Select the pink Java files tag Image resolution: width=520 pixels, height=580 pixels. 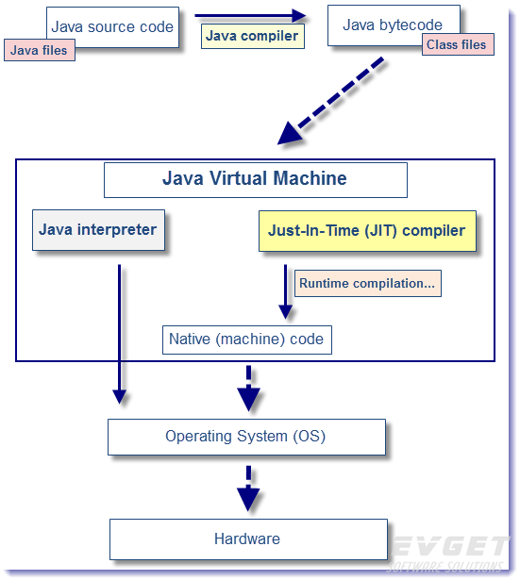[39, 50]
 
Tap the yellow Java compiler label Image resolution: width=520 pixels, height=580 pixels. [252, 37]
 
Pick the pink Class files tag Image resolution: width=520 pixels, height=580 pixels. [458, 44]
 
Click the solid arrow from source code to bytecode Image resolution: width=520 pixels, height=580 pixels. [251, 15]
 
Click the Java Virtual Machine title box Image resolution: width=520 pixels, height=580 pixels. [255, 179]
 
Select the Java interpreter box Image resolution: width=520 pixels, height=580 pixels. [98, 230]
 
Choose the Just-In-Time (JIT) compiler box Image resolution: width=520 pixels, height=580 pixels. [366, 230]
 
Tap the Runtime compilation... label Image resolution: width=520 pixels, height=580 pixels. [367, 283]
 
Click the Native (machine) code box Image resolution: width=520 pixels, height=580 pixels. [246, 340]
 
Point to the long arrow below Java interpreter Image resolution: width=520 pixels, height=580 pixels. [119, 330]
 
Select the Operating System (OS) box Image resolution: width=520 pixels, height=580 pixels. [246, 437]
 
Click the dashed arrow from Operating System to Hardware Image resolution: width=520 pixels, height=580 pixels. [248, 487]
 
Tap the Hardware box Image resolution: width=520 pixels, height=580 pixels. [247, 539]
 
